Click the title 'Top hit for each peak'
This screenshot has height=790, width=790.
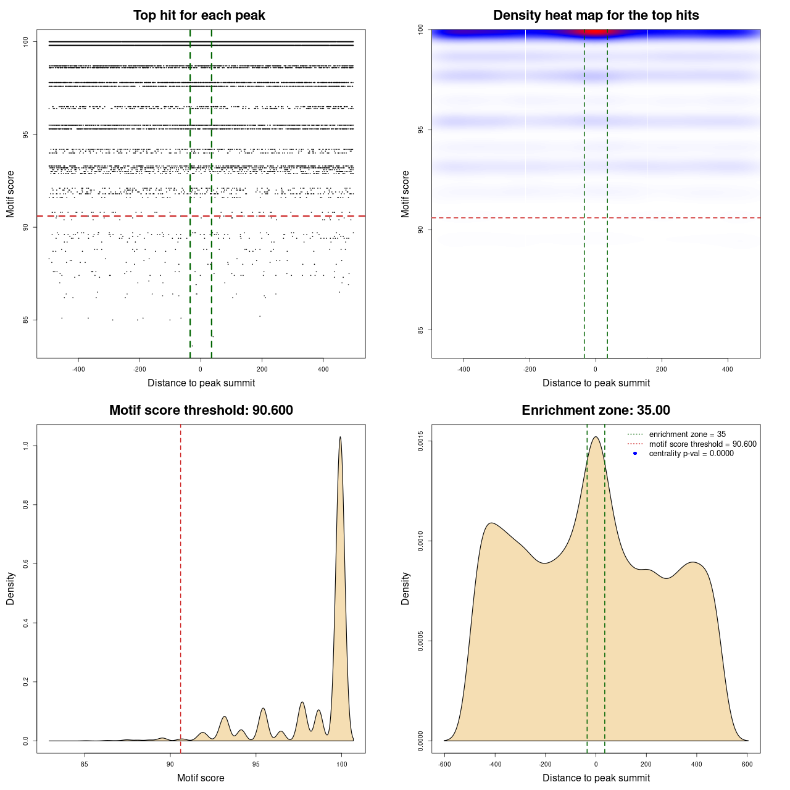pos(199,15)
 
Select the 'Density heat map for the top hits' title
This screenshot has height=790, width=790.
pos(596,15)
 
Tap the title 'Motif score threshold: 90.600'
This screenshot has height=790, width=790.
pos(201,410)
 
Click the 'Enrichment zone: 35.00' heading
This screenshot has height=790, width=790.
pos(596,410)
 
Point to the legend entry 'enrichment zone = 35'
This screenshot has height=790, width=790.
pos(687,434)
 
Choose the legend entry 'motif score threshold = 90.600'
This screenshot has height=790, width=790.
pos(702,444)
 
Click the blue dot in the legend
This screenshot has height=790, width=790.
pos(635,454)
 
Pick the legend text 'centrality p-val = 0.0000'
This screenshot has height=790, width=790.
pos(691,454)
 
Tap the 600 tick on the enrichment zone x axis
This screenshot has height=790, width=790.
pos(747,764)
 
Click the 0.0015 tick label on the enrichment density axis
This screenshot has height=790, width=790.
pos(421,441)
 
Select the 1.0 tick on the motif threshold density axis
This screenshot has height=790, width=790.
pos(26,446)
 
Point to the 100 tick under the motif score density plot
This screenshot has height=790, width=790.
pos(342,764)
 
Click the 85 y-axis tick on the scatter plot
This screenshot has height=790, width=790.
pos(26,320)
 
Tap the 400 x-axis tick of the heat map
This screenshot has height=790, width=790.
pos(728,369)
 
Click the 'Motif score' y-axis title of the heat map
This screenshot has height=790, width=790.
pos(405,194)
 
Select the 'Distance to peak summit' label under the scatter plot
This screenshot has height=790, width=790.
pos(201,383)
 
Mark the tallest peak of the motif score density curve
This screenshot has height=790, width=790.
pos(340,438)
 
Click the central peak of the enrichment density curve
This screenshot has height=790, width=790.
pos(596,438)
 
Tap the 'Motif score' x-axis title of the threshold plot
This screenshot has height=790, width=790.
pos(201,778)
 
